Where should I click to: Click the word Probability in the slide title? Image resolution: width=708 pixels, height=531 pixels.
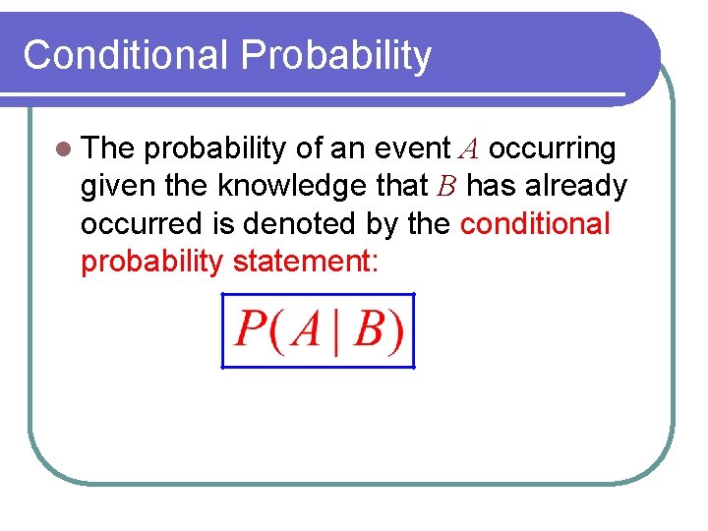coord(335,57)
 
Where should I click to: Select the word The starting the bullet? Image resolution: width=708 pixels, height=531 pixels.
coord(108,148)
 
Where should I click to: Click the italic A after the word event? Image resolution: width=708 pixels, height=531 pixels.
coord(469,149)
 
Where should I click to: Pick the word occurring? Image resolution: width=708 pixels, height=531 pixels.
coord(553,148)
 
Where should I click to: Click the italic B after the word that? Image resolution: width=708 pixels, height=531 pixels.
coord(447,187)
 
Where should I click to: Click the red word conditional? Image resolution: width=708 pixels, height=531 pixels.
coord(535,224)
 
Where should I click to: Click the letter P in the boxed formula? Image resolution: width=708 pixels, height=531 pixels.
coord(250,331)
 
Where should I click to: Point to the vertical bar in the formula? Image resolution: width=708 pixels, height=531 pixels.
coord(335,331)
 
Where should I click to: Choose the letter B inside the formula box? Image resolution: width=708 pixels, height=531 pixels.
coord(368,331)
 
